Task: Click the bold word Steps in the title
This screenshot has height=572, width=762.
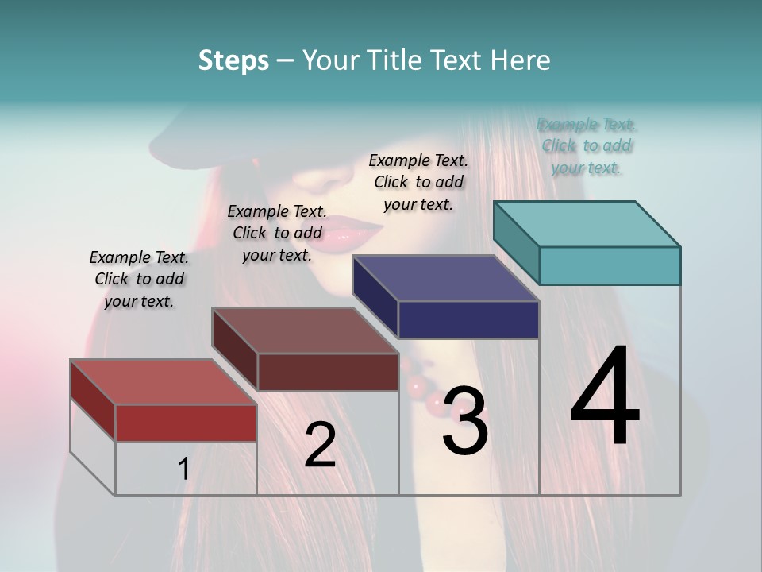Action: [233, 60]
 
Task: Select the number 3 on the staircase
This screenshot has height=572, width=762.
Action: [465, 421]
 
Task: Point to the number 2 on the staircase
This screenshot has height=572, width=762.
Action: [320, 445]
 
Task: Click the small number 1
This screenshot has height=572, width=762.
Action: [183, 470]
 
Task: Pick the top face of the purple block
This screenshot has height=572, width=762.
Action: [445, 278]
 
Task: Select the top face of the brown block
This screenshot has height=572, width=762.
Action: [305, 330]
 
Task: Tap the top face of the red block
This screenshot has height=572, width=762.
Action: [164, 382]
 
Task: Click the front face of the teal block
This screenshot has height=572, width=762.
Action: [610, 265]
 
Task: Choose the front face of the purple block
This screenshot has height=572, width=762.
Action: [468, 319]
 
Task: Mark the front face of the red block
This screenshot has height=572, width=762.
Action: [186, 423]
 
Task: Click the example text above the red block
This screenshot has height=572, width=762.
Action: [139, 279]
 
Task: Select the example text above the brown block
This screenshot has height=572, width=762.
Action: [277, 233]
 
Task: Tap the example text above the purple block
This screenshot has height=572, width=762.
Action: [418, 182]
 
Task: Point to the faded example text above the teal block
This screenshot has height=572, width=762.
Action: [587, 145]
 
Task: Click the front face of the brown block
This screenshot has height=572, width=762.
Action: [328, 372]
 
